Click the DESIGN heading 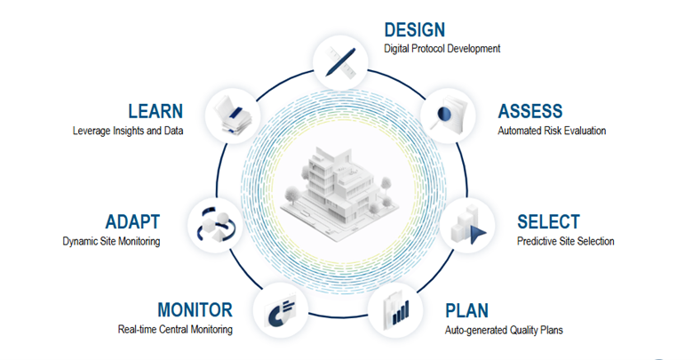coord(415,30)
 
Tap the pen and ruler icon coord(341,62)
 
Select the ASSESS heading coord(530,111)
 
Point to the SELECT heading coord(548,222)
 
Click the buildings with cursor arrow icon coord(467,226)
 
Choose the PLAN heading coord(466,311)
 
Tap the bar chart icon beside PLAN coord(395,310)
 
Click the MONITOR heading coord(195,310)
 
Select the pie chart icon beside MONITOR coord(281,311)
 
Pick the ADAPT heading coord(132,222)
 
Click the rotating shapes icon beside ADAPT coord(216,226)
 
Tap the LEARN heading coord(155,111)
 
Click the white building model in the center coord(339,191)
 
